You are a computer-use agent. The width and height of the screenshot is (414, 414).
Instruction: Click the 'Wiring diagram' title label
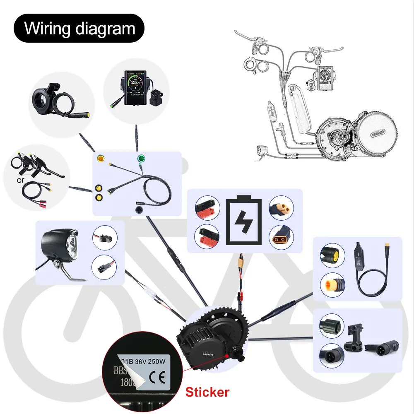(x=79, y=29)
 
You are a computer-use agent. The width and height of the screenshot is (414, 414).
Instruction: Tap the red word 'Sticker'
(x=207, y=391)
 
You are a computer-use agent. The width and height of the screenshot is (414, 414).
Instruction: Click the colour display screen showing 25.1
(x=135, y=85)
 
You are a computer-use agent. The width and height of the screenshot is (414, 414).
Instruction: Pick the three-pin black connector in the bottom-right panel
(x=331, y=354)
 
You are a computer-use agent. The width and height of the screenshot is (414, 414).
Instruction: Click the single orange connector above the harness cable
(x=101, y=159)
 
